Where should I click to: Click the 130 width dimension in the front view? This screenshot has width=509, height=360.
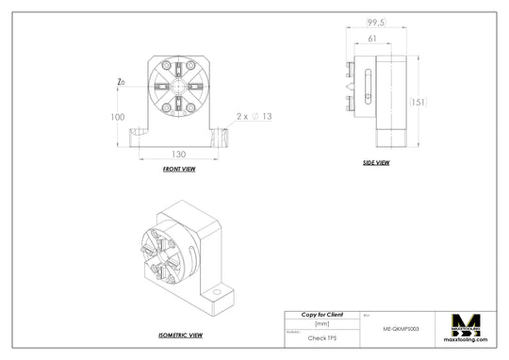click(x=177, y=154)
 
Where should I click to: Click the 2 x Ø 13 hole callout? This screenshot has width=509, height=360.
click(x=254, y=117)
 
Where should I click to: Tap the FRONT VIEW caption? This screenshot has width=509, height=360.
click(x=179, y=169)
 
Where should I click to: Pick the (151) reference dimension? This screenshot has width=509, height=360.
click(x=419, y=102)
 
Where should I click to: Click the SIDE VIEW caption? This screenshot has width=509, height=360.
click(x=375, y=162)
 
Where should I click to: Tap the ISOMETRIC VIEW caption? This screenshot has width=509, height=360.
click(x=181, y=335)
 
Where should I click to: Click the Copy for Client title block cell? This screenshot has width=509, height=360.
click(x=321, y=315)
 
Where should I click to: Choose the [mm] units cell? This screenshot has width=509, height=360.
click(x=321, y=323)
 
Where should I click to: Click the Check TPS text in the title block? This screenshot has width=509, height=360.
click(x=321, y=336)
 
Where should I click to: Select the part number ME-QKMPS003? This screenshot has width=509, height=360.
click(x=401, y=331)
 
